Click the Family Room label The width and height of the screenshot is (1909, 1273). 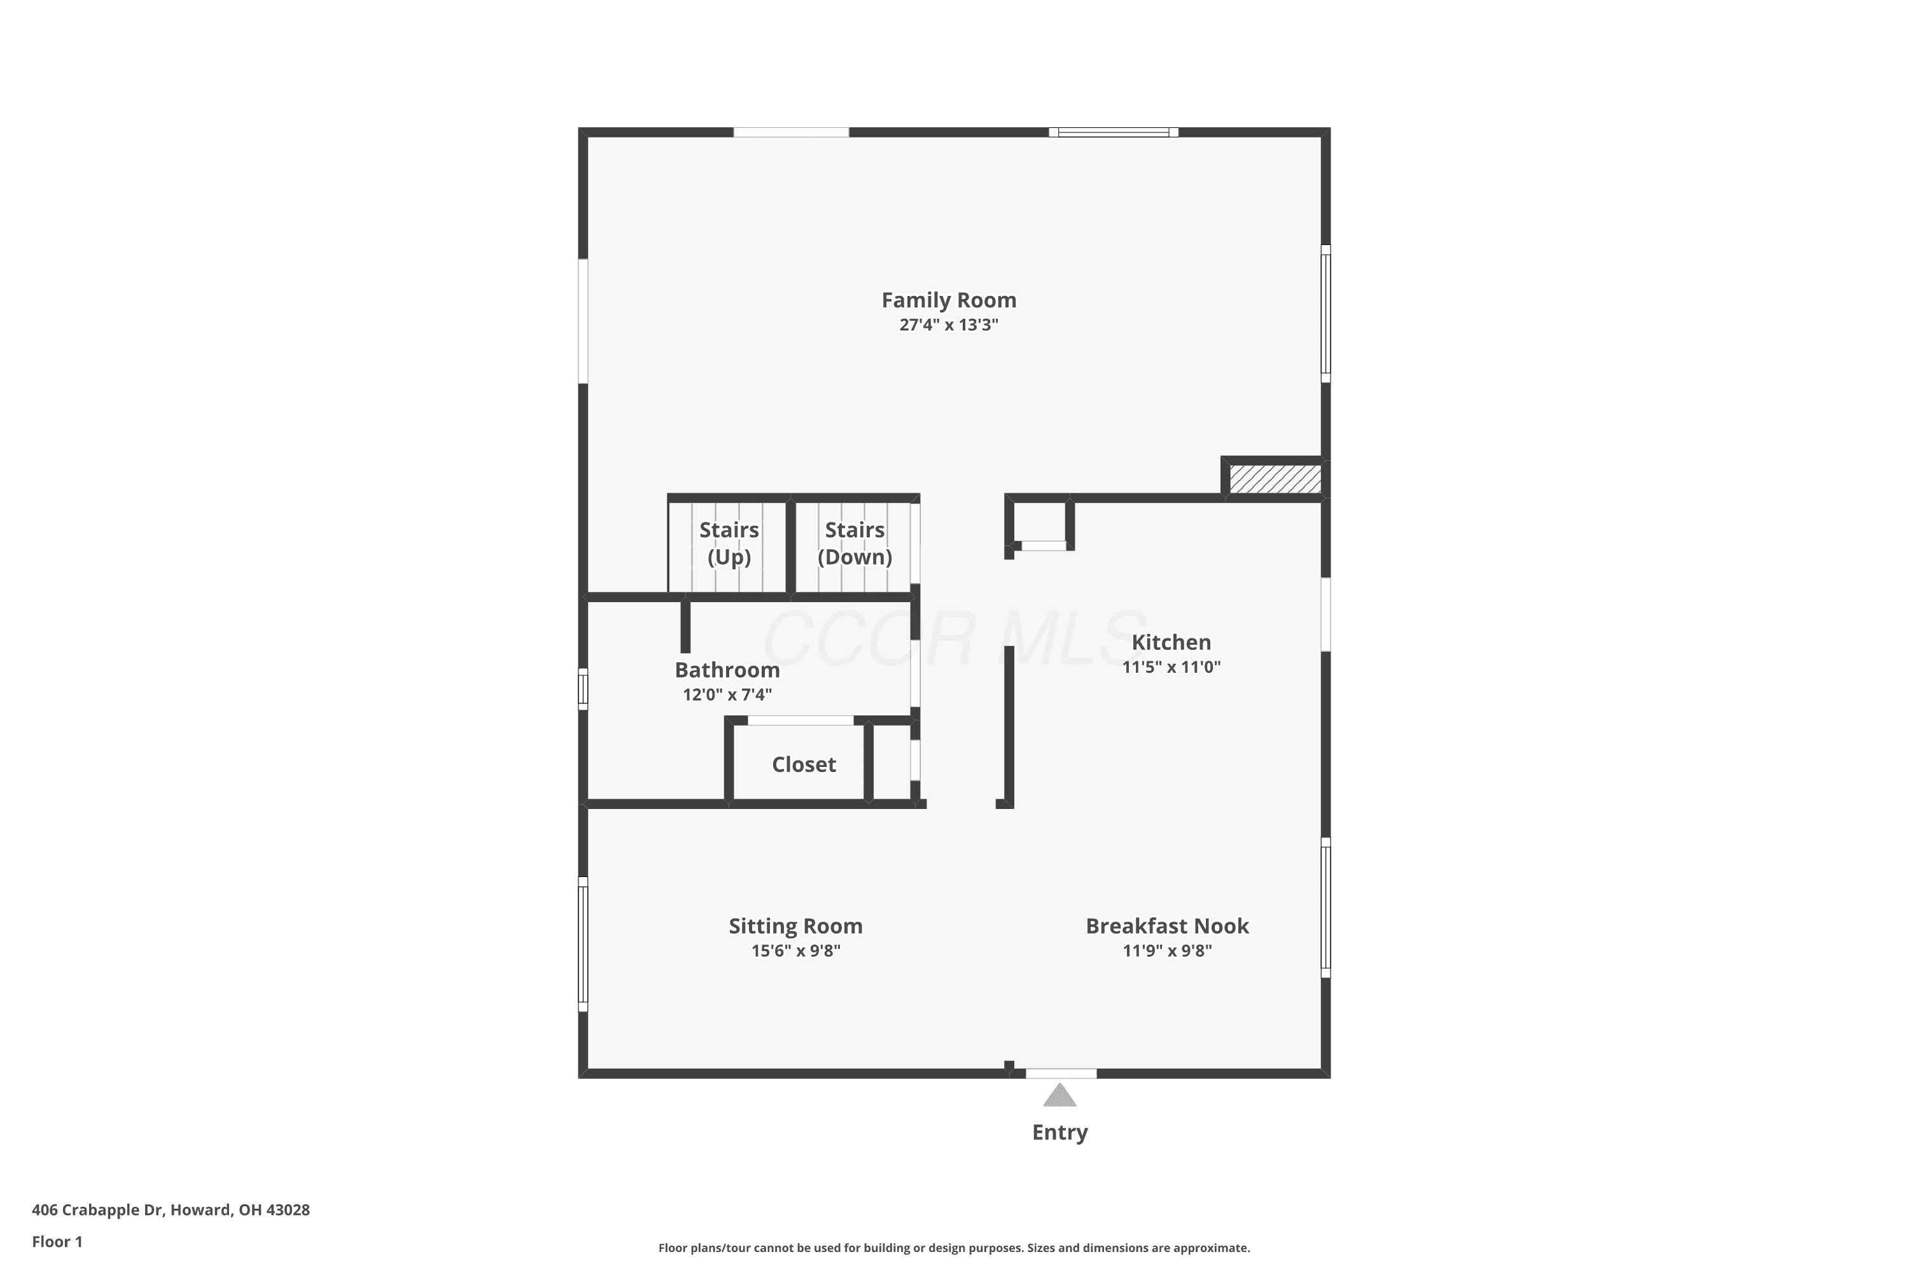[x=949, y=300]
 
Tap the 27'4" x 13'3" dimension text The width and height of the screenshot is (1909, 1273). [x=949, y=325]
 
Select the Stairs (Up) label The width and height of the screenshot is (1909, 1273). [x=729, y=543]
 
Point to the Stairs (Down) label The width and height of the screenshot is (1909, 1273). [x=855, y=543]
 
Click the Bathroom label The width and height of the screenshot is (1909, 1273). [x=727, y=670]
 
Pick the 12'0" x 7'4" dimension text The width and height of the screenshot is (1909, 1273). [x=727, y=694]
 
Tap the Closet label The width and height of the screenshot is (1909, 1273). [x=804, y=764]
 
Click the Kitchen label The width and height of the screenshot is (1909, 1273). [x=1171, y=642]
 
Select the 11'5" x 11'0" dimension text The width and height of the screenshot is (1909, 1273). [x=1171, y=666]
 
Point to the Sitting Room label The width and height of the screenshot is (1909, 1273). [x=795, y=926]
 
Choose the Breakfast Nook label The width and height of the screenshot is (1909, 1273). [x=1167, y=925]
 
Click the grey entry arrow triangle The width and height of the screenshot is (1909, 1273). [x=1060, y=1097]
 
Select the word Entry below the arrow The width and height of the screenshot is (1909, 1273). [x=1060, y=1132]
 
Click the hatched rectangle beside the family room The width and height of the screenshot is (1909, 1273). [x=1275, y=478]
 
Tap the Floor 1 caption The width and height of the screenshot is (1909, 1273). [x=57, y=1241]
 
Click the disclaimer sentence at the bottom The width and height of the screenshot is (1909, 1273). [x=954, y=1248]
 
